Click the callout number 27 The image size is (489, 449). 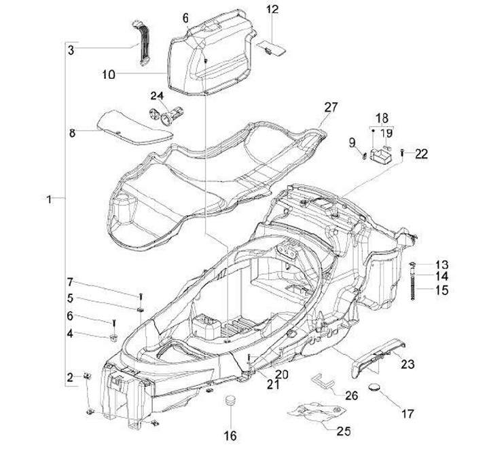(330, 107)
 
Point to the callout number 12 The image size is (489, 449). (272, 9)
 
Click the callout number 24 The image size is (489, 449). (158, 95)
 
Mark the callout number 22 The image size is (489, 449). (422, 154)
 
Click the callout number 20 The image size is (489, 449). (262, 374)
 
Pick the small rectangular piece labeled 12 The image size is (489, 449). (271, 47)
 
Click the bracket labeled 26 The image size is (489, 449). (325, 381)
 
